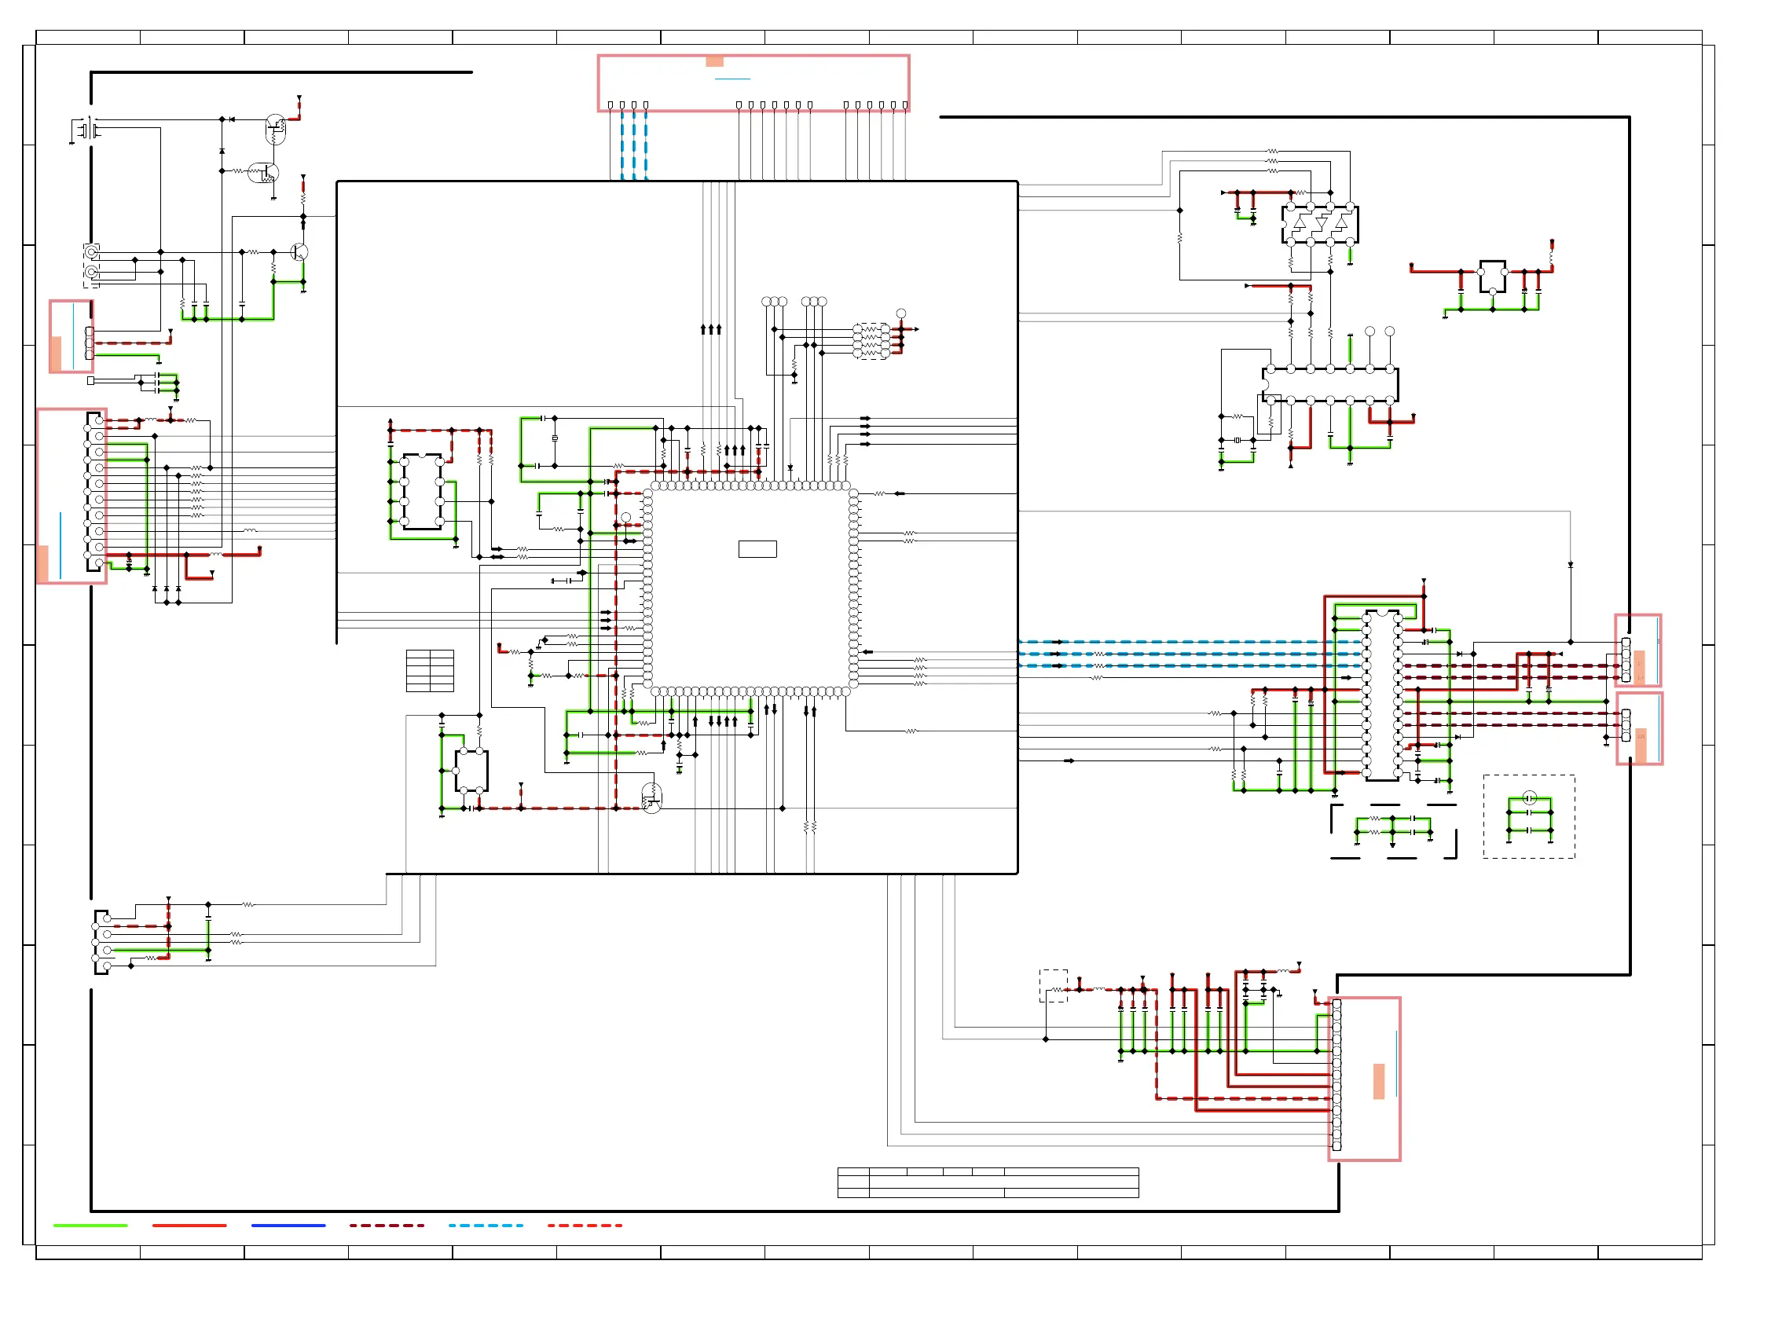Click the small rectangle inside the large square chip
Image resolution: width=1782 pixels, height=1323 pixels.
(x=757, y=548)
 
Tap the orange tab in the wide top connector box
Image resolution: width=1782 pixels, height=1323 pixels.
(x=714, y=61)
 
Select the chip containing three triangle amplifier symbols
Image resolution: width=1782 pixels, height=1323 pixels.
(x=1319, y=224)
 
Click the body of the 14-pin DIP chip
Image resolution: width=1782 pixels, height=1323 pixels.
(x=1329, y=384)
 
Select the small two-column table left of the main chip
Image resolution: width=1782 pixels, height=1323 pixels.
(x=430, y=670)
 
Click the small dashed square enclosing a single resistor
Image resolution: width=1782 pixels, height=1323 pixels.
(x=1053, y=986)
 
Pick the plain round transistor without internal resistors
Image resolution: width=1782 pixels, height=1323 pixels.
(x=299, y=252)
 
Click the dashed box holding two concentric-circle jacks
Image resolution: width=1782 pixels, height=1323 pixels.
(x=91, y=264)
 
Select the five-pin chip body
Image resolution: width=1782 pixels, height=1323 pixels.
(x=471, y=771)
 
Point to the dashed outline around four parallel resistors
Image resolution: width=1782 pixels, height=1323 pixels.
(x=871, y=341)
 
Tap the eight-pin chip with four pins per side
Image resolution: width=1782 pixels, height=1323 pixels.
(x=422, y=491)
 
